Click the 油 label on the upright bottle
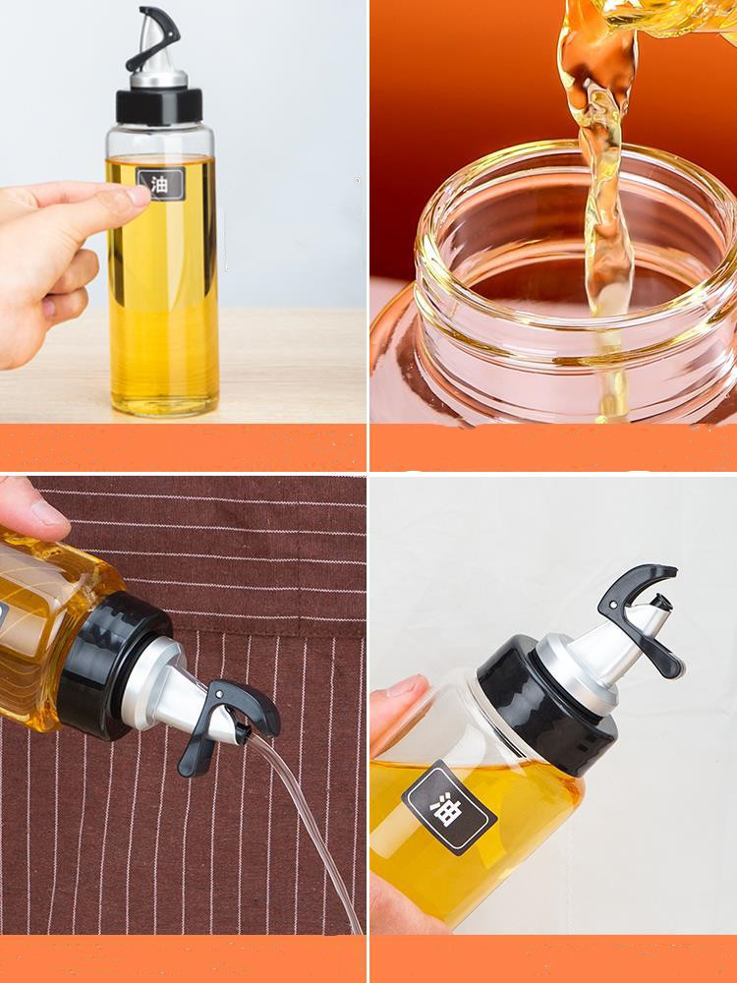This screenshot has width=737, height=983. click(161, 184)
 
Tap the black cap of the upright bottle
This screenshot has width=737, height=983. click(159, 106)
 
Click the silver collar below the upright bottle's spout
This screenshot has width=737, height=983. click(158, 79)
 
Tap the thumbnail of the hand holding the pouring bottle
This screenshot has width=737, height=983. click(50, 514)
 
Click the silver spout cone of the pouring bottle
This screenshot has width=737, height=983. click(182, 696)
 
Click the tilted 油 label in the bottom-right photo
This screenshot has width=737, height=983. click(449, 807)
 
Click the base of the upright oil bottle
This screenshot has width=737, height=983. click(165, 404)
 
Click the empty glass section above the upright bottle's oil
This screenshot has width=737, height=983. click(160, 141)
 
